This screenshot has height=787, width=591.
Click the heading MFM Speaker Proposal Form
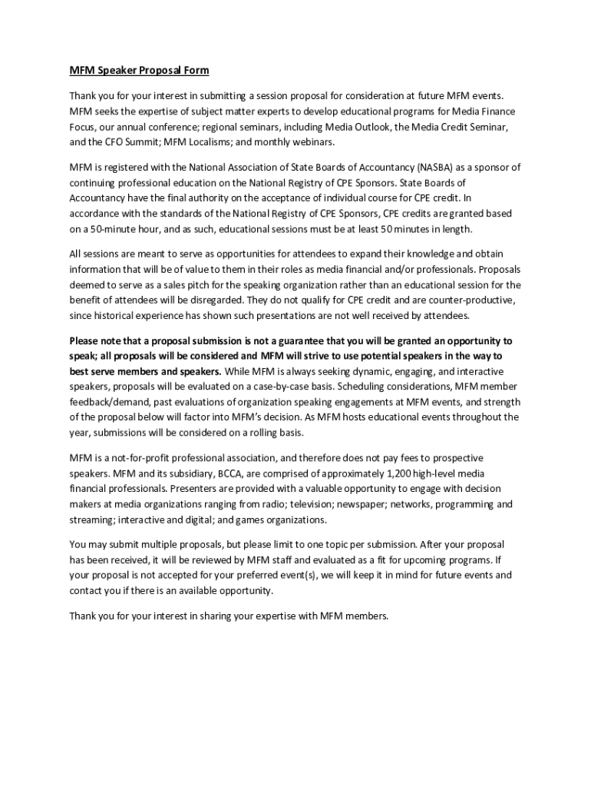pyautogui.click(x=139, y=71)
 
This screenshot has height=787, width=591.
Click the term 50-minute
pyautogui.click(x=107, y=229)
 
